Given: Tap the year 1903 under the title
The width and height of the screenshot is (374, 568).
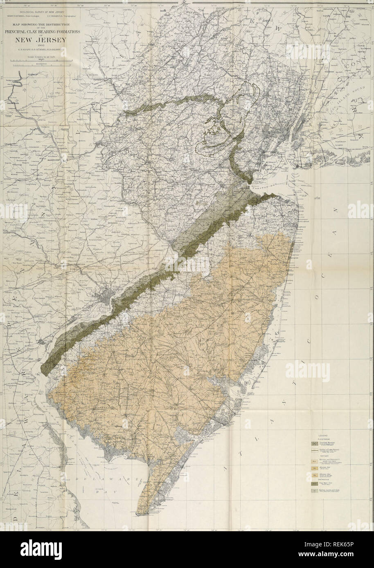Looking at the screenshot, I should click(43, 46).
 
